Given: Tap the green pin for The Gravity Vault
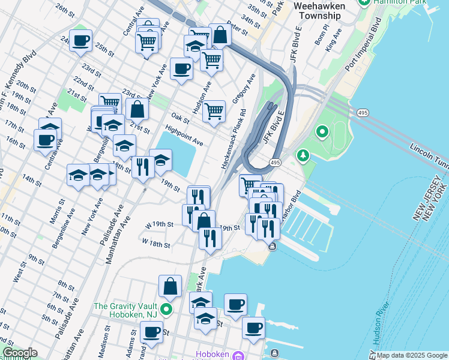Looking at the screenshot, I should click(166, 310).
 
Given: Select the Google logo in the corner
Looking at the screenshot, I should click(19, 352).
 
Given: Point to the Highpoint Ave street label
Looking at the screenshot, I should click(184, 136).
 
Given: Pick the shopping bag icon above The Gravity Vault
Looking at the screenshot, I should click(170, 286).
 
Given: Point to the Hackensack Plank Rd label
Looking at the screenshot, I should click(234, 139).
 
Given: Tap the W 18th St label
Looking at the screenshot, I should click(155, 245).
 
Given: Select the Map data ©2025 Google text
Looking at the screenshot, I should click(411, 355).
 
